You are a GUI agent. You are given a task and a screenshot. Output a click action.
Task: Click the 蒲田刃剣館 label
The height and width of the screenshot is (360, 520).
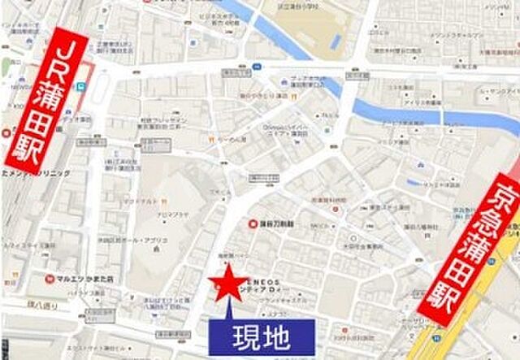click(279, 223)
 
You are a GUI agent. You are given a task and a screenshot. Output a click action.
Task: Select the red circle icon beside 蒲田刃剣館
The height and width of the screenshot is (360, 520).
click(253, 223)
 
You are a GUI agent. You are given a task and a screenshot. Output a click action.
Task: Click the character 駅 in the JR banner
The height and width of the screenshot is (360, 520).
click(36, 145)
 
